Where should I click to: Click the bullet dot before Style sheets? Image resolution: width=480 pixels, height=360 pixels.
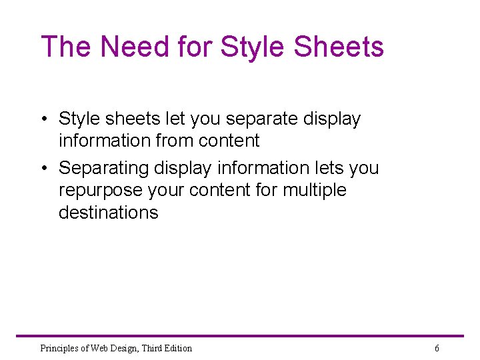pos(43,119)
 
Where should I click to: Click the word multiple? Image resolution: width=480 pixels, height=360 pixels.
pos(315,190)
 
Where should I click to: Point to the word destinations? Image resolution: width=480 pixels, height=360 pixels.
pos(109,213)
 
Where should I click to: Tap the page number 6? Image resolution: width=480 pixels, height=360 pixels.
pos(437,348)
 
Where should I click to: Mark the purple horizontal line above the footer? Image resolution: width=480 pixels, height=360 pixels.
pos(240,336)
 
